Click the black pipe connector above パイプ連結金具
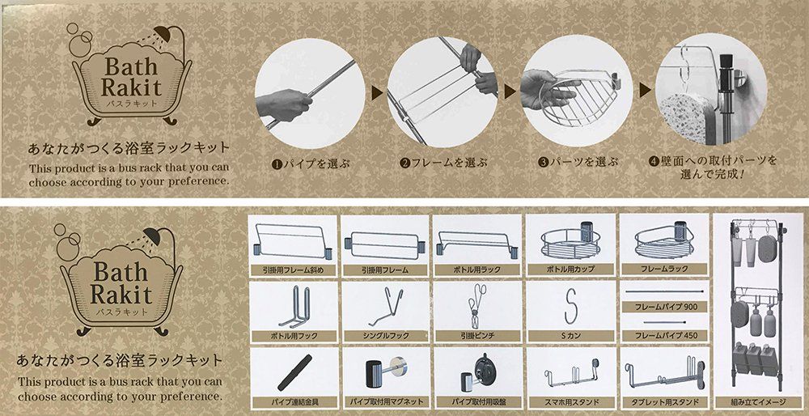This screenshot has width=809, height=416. click(294, 372)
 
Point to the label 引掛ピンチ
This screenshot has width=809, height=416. click(477, 336)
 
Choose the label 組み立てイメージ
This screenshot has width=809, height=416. click(759, 401)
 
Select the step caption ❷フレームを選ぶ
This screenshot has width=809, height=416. click(443, 164)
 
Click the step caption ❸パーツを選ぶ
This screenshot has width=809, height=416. click(578, 164)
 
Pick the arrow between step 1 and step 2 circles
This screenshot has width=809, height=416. click(377, 92)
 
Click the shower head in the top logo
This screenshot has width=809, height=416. click(164, 35)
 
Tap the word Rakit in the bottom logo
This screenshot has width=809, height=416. click(121, 295)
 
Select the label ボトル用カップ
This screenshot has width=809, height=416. click(570, 270)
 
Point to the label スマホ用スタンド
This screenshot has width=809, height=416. click(570, 401)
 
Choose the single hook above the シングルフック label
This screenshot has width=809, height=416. click(387, 306)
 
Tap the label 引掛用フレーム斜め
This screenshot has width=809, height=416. click(293, 270)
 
